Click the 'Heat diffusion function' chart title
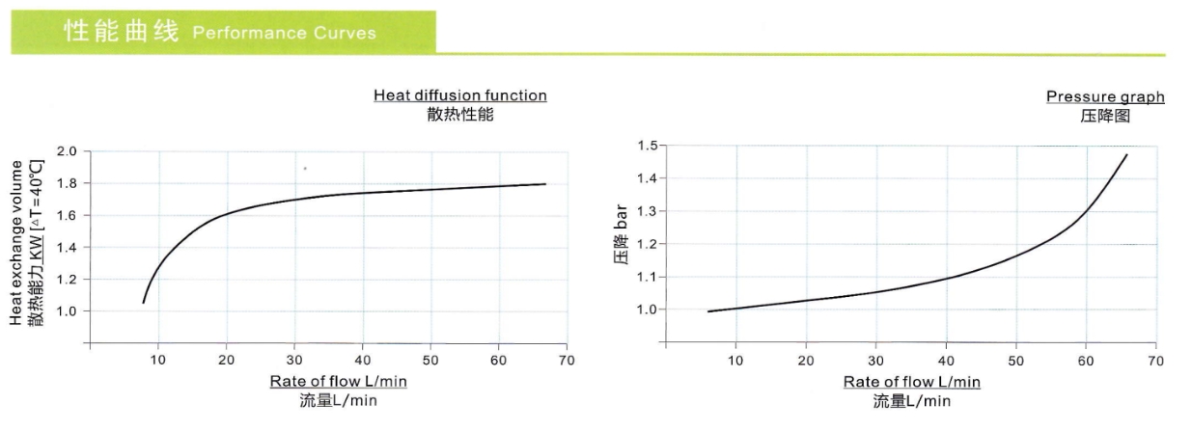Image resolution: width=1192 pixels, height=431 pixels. coord(459,95)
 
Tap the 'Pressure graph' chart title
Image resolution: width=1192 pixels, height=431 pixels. coord(1105,96)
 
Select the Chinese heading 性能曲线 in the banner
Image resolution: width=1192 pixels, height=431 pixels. coord(122,32)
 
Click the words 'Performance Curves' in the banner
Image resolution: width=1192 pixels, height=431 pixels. coord(284,34)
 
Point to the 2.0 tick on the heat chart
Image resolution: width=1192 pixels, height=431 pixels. coord(67,151)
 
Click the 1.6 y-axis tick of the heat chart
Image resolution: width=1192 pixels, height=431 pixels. coord(67,215)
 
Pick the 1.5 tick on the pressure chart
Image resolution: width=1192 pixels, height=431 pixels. coord(646,146)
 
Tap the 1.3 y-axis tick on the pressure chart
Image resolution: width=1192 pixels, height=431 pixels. coord(646,211)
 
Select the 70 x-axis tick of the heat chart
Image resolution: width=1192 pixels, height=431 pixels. coord(567,360)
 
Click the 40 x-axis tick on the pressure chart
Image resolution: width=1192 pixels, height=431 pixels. coord(946,361)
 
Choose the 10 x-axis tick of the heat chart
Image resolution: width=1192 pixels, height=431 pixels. coord(158,360)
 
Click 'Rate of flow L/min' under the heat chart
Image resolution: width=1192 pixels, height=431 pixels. coord(338,382)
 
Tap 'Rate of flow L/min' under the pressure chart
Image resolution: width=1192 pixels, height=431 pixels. coord(911,382)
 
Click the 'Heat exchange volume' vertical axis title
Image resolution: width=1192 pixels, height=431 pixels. coord(16,243)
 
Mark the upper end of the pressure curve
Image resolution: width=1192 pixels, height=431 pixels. coord(1126,154)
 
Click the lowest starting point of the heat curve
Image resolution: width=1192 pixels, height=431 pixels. coord(143,303)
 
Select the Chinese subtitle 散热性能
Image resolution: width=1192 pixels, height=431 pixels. coord(459,115)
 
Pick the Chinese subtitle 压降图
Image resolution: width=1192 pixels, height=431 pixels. coord(1105,116)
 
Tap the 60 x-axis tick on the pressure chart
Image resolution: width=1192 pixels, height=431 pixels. coord(1086,361)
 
